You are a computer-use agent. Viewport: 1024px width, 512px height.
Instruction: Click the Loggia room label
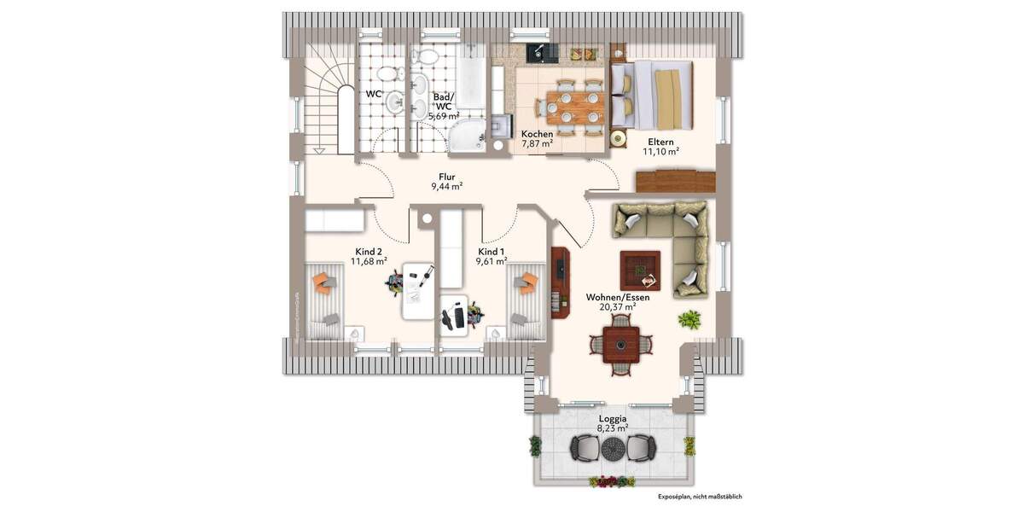[613, 419]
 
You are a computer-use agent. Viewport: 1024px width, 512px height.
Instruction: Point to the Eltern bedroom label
[660, 141]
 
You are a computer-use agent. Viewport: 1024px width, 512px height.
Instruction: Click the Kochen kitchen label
[537, 134]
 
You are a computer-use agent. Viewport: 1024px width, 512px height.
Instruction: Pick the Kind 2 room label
[369, 252]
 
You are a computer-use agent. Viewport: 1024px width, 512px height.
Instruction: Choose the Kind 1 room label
[492, 252]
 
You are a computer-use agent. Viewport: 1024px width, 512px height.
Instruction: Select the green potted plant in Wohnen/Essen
[689, 320]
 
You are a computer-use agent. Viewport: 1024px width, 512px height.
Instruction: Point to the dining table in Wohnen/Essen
[620, 346]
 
